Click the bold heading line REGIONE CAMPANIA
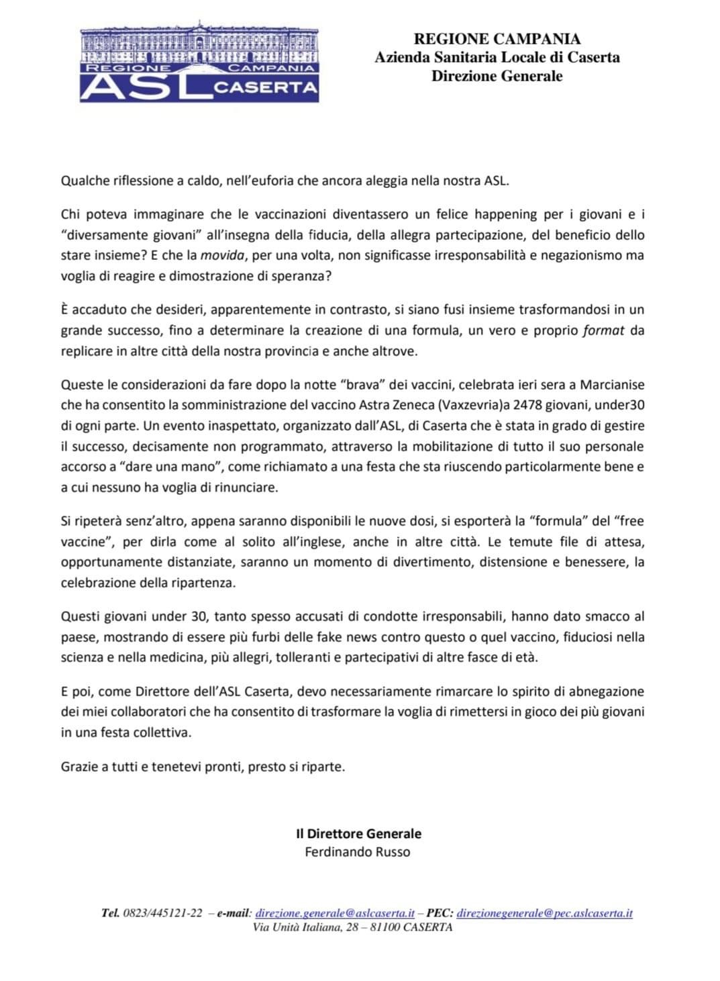(497, 39)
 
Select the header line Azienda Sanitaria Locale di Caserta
(497, 57)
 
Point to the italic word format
(604, 330)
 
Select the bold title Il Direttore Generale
(359, 833)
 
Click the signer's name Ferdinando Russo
(358, 852)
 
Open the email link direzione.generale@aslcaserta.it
(335, 913)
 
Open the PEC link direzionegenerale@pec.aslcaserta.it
(544, 913)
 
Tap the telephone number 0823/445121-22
(163, 913)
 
